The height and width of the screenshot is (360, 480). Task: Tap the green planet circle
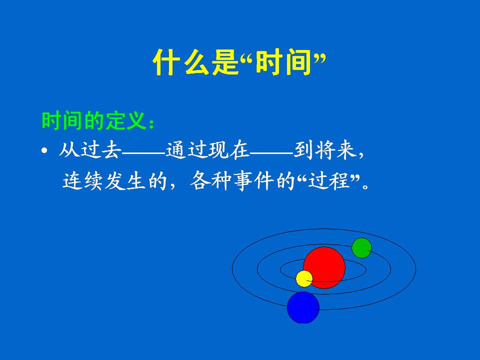(x=361, y=248)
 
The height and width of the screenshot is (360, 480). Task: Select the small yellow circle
(x=304, y=279)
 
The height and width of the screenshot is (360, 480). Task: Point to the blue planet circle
(x=303, y=307)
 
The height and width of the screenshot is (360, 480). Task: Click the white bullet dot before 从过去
(x=44, y=150)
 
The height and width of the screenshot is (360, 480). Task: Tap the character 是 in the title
(x=225, y=62)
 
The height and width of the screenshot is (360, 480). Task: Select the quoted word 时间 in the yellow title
(x=283, y=62)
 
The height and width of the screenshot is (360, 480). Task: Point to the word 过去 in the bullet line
(x=100, y=149)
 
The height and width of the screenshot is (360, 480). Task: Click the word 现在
(x=228, y=149)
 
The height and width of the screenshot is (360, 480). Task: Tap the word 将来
(x=335, y=149)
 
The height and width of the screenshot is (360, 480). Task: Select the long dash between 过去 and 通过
(x=143, y=150)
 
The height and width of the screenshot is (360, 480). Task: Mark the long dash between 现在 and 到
(x=271, y=150)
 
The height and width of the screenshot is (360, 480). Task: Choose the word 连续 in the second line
(x=82, y=180)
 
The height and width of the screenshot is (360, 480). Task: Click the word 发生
(x=125, y=180)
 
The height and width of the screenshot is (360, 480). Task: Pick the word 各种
(x=210, y=180)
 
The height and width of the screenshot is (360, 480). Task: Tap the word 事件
(x=253, y=180)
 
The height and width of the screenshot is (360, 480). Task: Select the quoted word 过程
(x=328, y=180)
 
